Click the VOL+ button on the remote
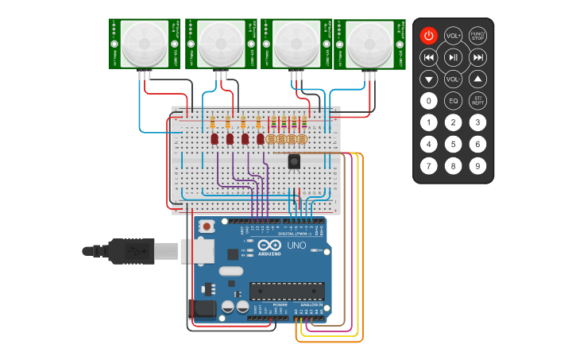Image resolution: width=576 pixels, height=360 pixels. [x=453, y=36]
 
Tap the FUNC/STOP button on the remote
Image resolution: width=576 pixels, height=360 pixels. [x=477, y=36]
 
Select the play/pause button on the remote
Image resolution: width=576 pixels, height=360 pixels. [x=453, y=57]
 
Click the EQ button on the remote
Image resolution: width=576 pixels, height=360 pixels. [x=453, y=101]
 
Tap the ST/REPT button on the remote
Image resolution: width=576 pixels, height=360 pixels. [x=477, y=101]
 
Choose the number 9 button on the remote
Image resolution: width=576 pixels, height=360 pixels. [x=477, y=166]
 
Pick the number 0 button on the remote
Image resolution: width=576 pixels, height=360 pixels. [x=428, y=101]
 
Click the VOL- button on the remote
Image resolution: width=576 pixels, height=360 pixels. [x=453, y=79]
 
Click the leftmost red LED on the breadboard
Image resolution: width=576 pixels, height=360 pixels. [x=215, y=139]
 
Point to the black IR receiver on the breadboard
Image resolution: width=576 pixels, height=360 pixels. [x=294, y=161]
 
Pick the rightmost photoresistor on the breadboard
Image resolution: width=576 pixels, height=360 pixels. [x=302, y=139]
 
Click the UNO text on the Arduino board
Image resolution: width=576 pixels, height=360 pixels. [x=296, y=246]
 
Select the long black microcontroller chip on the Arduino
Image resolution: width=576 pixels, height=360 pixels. [x=287, y=291]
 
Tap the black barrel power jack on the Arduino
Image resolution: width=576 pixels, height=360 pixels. [x=202, y=311]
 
